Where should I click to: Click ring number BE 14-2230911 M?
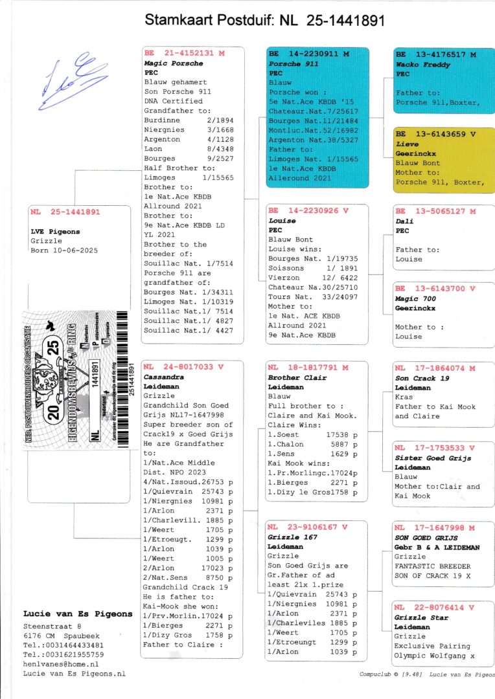(308, 54)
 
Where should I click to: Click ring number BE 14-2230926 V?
(308, 211)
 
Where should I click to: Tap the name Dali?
(404, 221)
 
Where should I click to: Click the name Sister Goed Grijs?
(433, 458)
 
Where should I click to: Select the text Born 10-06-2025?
(63, 250)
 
